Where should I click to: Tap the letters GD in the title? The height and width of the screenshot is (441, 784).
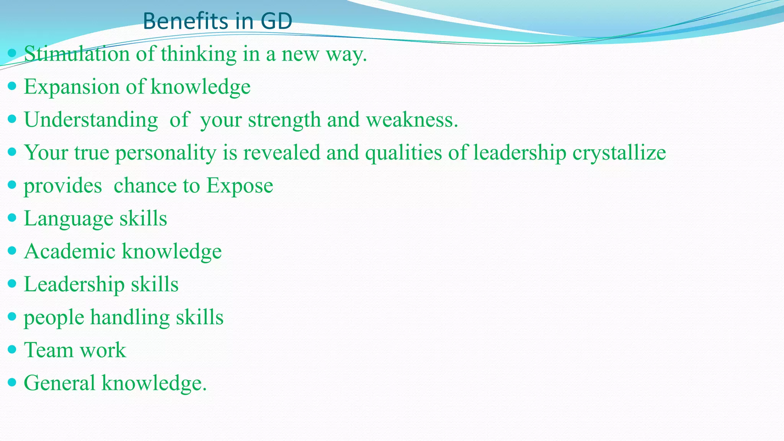click(x=276, y=21)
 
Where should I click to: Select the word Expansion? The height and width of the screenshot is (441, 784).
click(x=72, y=87)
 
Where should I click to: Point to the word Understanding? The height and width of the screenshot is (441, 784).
click(x=91, y=120)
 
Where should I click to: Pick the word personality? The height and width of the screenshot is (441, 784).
click(x=166, y=153)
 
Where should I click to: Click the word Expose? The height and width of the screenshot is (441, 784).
click(x=240, y=186)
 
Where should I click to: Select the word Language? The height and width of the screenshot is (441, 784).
click(x=69, y=219)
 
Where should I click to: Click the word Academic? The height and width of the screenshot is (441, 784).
click(x=70, y=252)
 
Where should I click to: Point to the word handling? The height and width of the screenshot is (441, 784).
click(x=130, y=317)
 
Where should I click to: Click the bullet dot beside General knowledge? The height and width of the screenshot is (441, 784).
click(x=12, y=382)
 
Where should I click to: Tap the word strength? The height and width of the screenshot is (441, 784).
click(x=284, y=120)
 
